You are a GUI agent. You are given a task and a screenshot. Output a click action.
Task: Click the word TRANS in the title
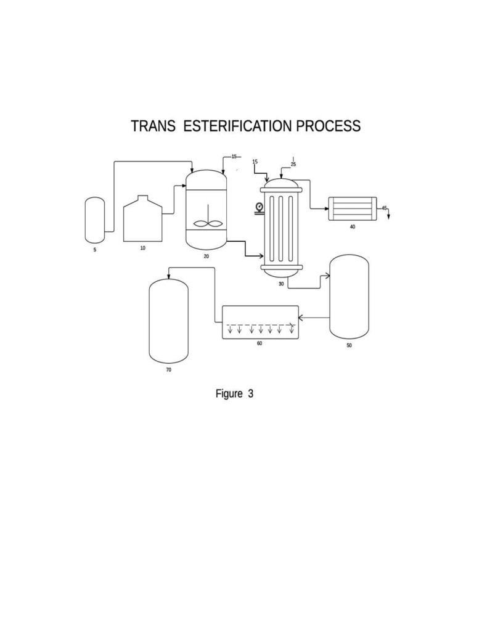(x=153, y=126)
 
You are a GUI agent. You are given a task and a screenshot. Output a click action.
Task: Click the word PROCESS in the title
(x=328, y=126)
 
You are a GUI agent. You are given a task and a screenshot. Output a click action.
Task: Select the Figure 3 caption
(x=234, y=393)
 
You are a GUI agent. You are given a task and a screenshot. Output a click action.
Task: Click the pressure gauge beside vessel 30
(x=259, y=207)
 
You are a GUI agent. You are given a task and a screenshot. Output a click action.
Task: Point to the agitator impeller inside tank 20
(x=207, y=223)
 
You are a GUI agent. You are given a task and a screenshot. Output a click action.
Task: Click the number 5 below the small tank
(x=95, y=250)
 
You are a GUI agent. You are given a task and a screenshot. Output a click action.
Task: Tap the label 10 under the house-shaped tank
(x=143, y=248)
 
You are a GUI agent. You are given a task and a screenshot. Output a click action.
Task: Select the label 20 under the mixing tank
(x=206, y=257)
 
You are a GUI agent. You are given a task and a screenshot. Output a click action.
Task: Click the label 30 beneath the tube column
(x=281, y=284)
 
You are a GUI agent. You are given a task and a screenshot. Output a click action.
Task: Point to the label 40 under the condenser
(x=353, y=227)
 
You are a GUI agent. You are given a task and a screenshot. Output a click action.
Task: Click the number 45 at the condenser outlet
(x=384, y=208)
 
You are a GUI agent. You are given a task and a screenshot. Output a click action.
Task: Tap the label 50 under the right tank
(x=349, y=345)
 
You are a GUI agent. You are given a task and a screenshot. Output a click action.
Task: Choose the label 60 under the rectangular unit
(x=259, y=343)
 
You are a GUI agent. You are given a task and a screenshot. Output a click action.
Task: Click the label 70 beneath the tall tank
(x=169, y=370)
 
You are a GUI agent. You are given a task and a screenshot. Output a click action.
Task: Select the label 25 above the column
(x=293, y=165)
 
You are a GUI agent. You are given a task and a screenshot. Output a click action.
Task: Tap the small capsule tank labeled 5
(x=95, y=220)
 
